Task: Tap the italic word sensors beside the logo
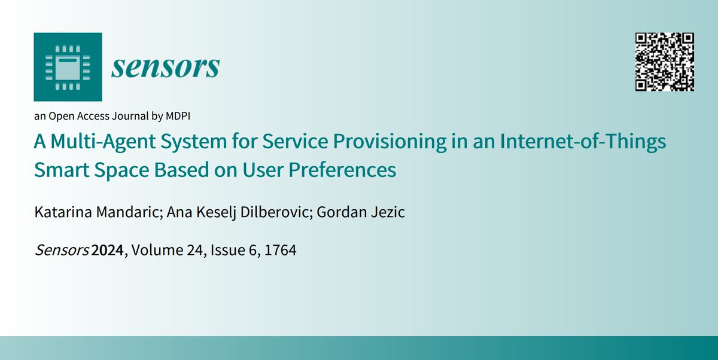165,68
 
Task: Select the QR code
665,62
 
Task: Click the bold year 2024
108,252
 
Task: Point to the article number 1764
281,252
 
